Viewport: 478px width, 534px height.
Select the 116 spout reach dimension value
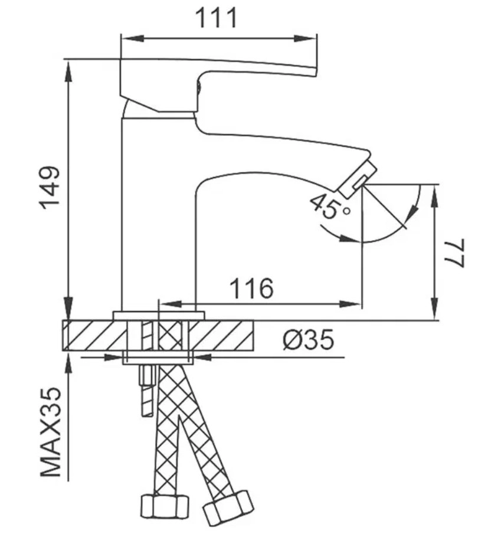(251, 289)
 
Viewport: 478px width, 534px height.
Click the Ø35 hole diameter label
(307, 340)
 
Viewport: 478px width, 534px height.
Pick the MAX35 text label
(52, 432)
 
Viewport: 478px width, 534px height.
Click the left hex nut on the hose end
(164, 506)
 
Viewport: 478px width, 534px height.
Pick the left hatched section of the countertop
(94, 336)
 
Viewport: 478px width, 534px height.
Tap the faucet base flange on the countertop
(158, 314)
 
